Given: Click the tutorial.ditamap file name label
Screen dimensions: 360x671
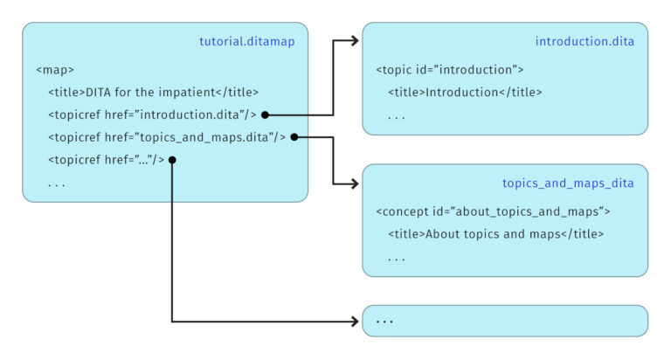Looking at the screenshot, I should point(248,42).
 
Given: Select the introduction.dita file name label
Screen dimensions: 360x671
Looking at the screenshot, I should point(585,42).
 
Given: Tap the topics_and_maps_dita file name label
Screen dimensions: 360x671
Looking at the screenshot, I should point(568,183).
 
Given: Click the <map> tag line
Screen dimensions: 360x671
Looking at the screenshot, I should point(55,69).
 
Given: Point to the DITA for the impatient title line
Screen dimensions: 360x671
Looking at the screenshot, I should point(154,92).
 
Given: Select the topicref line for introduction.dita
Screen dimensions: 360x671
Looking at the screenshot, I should point(152,114).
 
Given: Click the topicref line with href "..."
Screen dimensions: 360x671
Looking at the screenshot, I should point(106,160).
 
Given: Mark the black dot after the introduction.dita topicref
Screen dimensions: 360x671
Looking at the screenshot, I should point(265,114).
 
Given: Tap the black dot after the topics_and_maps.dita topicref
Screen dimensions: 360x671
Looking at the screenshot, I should point(294,137).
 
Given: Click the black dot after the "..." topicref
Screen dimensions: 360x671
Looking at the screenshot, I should point(172,160).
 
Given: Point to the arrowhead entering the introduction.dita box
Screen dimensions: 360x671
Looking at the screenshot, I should point(354,40).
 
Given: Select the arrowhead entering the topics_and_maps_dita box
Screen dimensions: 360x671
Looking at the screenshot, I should point(354,183).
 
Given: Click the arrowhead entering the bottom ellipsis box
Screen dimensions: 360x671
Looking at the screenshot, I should point(354,321).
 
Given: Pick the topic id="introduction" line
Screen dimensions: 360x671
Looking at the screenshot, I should point(450,69).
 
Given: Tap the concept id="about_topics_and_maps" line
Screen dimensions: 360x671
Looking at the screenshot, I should point(493,211).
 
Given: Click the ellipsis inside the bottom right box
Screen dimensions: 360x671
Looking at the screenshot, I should point(384,322).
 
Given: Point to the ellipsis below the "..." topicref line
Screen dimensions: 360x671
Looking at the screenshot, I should point(57,183).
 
